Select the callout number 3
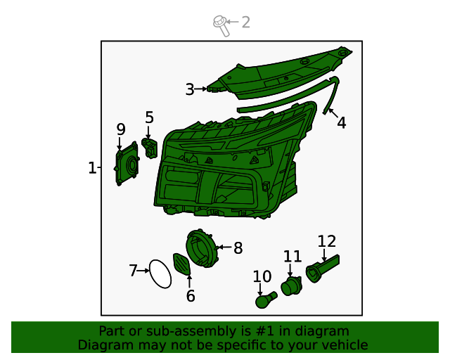pos(190,89)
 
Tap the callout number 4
pos(341,123)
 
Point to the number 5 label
pos(149,117)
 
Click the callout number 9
pos(121,129)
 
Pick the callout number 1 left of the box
pos(92,168)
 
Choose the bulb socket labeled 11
pos(291,285)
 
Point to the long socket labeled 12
pos(323,267)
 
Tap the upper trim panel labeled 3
pos(281,72)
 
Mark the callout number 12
pos(327,242)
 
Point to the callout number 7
pos(133,271)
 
